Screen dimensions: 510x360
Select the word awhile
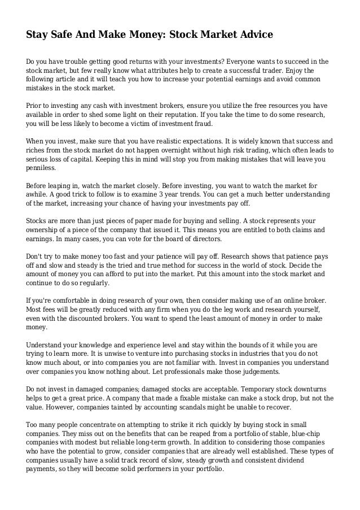(x=39, y=194)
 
